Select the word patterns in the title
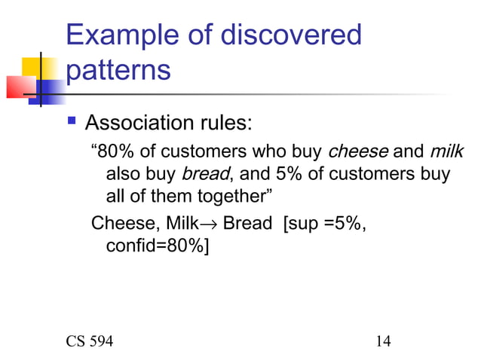[x=118, y=71]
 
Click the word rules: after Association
[x=229, y=122]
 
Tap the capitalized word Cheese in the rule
[x=118, y=224]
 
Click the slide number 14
[x=382, y=341]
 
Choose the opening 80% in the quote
[x=110, y=151]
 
